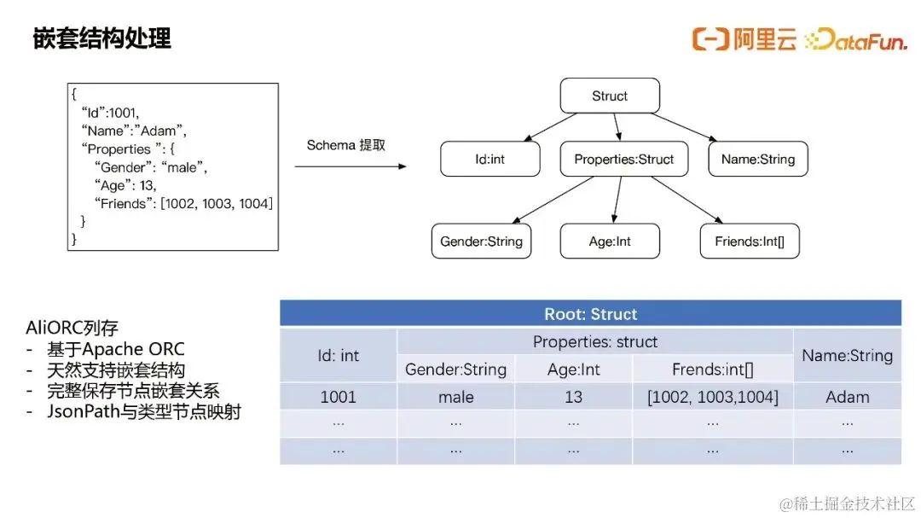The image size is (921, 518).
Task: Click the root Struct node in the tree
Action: point(610,96)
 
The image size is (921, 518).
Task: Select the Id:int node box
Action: point(489,159)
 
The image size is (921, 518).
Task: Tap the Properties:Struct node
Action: point(623,159)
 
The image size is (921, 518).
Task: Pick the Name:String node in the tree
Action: point(758,159)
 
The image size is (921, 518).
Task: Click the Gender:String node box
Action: point(481,241)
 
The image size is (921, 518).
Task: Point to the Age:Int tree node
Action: point(610,241)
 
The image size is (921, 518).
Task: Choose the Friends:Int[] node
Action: point(750,241)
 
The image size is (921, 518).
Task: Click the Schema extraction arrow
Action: point(350,166)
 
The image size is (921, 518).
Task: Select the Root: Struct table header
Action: point(590,313)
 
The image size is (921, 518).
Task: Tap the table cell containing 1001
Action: point(339,397)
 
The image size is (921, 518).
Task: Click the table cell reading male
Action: point(455,397)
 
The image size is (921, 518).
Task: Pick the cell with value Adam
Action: point(847,397)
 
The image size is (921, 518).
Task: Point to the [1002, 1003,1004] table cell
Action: point(712,397)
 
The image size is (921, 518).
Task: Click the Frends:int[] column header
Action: point(712,370)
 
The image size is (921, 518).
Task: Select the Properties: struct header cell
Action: point(595,341)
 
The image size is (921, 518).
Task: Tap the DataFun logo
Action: point(856,39)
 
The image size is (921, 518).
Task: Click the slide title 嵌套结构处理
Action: point(101,38)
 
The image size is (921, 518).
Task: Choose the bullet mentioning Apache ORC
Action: point(116,349)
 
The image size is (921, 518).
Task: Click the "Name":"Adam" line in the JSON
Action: point(134,131)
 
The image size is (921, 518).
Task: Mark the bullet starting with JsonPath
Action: point(144,411)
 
